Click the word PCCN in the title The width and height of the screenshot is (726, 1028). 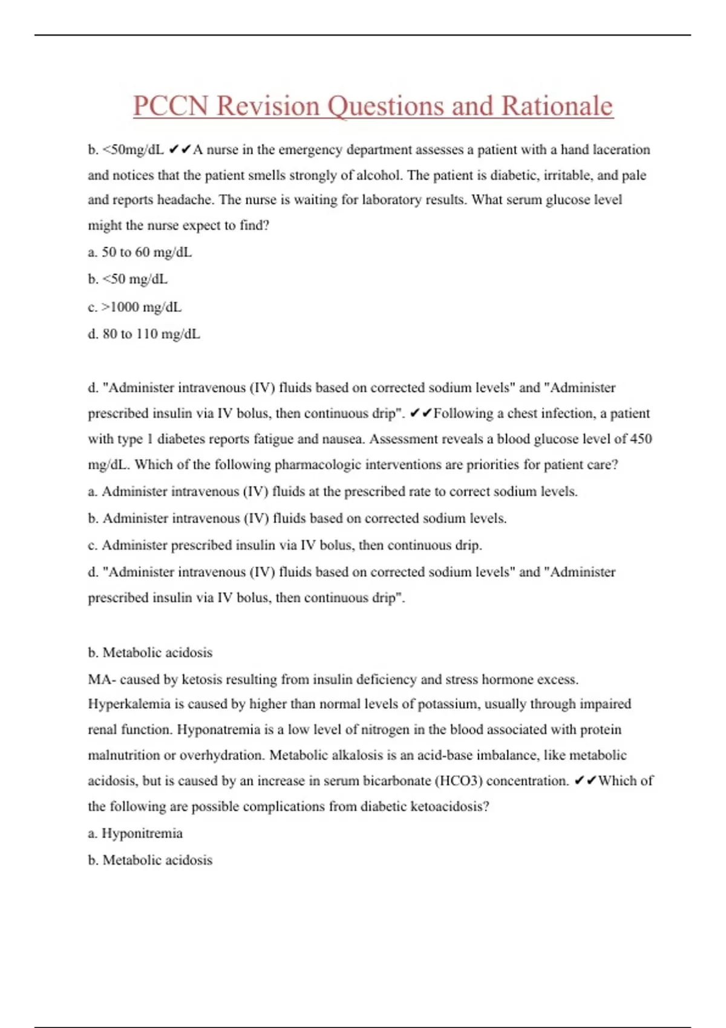coord(171,106)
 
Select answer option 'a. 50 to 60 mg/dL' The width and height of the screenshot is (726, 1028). coord(140,252)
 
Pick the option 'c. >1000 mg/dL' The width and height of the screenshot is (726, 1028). coord(134,307)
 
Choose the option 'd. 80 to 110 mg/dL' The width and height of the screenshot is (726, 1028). coord(144,334)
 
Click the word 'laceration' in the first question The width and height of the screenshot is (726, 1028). coord(621,149)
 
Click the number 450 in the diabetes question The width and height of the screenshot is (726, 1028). coord(641,439)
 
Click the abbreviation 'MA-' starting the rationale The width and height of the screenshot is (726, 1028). coord(102,679)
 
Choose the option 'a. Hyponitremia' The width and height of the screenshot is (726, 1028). coord(135,833)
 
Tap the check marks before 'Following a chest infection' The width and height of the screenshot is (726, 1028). coord(420,414)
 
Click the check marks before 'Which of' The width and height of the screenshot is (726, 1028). coord(585,781)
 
